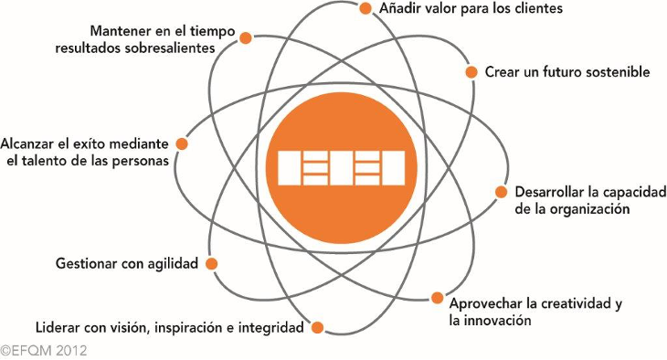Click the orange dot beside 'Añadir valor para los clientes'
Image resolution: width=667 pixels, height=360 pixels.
click(365, 8)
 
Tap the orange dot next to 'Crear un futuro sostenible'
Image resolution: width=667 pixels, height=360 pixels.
click(471, 72)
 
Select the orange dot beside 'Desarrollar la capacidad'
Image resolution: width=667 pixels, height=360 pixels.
click(501, 192)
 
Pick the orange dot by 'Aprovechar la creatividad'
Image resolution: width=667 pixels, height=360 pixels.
click(437, 298)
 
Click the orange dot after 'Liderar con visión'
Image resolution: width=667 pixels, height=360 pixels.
click(317, 328)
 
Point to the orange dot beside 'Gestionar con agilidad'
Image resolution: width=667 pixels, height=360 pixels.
click(211, 264)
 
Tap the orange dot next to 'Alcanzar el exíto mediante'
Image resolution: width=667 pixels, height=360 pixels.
click(182, 143)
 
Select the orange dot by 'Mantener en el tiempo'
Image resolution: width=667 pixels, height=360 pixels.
click(246, 37)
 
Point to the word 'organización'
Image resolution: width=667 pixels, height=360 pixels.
click(589, 209)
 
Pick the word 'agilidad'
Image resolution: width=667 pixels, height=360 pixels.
click(173, 264)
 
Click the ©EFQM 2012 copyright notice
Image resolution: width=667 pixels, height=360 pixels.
click(43, 351)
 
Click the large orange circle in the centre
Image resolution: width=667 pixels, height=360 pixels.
click(341, 168)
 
